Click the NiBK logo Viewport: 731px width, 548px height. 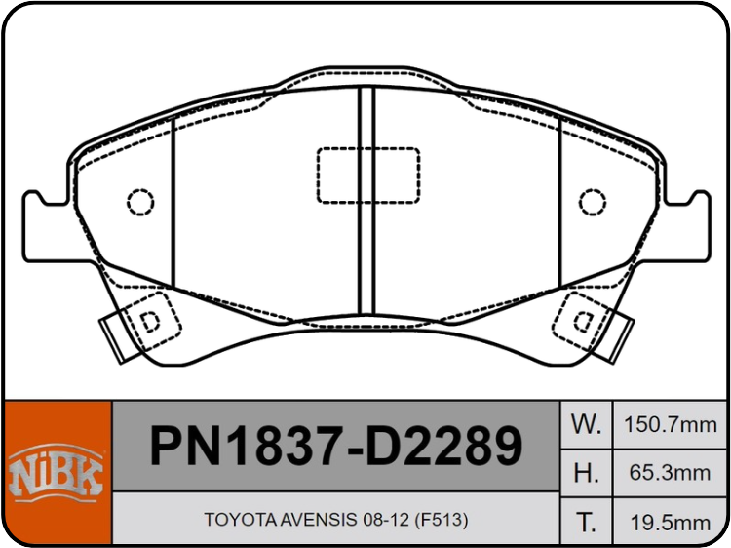(56, 474)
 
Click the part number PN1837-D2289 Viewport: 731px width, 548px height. (336, 446)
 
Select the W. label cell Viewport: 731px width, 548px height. (586, 424)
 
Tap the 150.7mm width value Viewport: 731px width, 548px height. (670, 425)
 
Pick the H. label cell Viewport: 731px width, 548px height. (586, 473)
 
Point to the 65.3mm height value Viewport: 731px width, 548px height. (670, 473)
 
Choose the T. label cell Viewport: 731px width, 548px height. (586, 522)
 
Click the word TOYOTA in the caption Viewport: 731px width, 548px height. (241, 519)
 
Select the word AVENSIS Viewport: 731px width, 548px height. (319, 519)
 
